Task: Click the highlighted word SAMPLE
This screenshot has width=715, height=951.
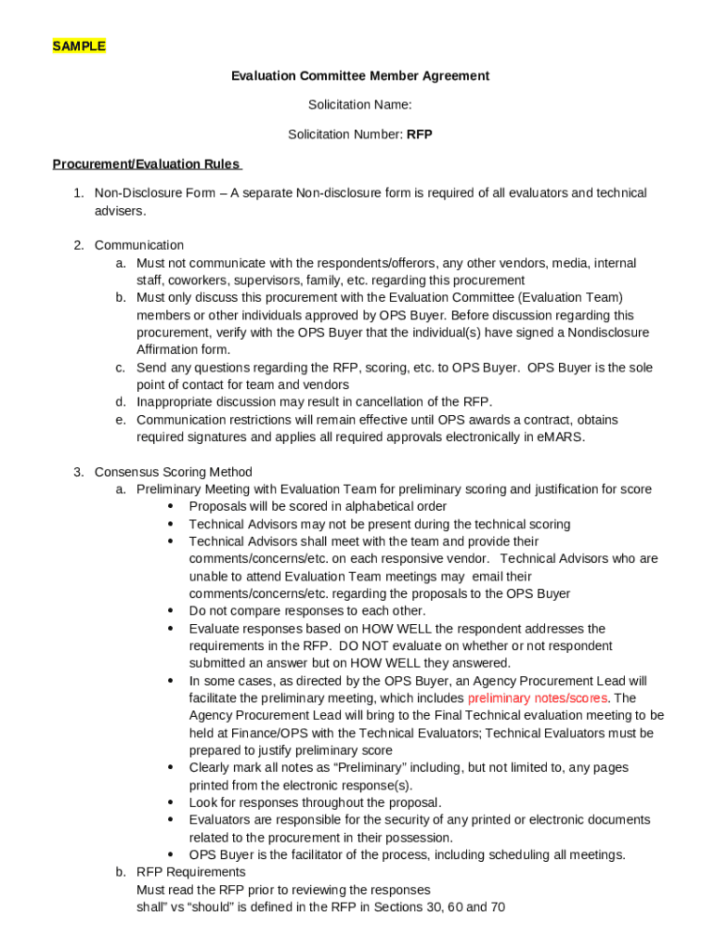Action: (x=79, y=46)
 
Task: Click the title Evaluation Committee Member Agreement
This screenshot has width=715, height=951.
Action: (x=360, y=76)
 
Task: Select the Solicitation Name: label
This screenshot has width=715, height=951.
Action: (x=360, y=105)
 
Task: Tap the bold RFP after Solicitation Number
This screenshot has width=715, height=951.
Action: (x=420, y=135)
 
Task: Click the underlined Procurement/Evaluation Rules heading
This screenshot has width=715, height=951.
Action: (x=147, y=164)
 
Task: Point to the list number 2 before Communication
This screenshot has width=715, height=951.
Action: (x=79, y=245)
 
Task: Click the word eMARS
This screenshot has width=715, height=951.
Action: (x=563, y=437)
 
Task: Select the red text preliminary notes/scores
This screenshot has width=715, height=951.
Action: (x=538, y=698)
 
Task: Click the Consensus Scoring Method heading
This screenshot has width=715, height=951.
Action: (x=173, y=472)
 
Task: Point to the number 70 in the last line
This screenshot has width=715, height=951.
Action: (x=497, y=907)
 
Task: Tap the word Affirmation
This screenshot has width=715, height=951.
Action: (x=171, y=350)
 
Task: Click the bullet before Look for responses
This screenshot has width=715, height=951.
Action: (x=171, y=803)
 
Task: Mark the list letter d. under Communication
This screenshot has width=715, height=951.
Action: (x=121, y=402)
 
